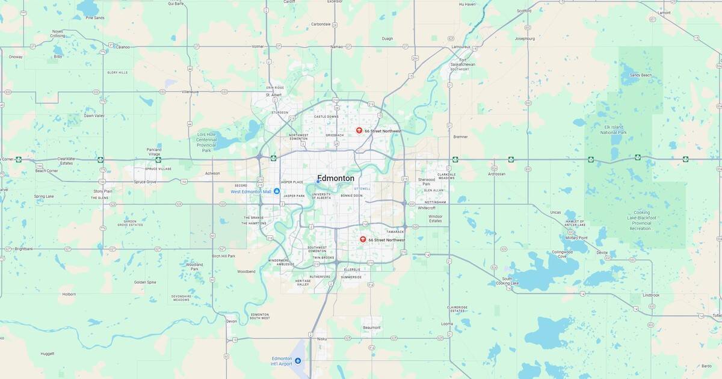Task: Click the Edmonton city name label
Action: [x=336, y=179]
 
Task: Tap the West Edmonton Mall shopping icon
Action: [x=277, y=191]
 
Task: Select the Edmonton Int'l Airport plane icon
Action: [x=298, y=361]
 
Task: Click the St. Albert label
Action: [x=274, y=95]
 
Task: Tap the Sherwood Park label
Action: [x=426, y=181]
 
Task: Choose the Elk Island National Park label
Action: [x=615, y=129]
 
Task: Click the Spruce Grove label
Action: [x=144, y=181]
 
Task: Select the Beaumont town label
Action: [x=372, y=327]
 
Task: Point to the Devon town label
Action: [x=232, y=321]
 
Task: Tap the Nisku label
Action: [x=321, y=339]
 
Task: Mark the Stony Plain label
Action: [x=103, y=191]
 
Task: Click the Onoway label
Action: [x=16, y=57]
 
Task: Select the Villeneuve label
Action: [x=190, y=92]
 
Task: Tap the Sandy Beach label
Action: [x=640, y=75]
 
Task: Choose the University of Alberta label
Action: [x=321, y=197]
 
